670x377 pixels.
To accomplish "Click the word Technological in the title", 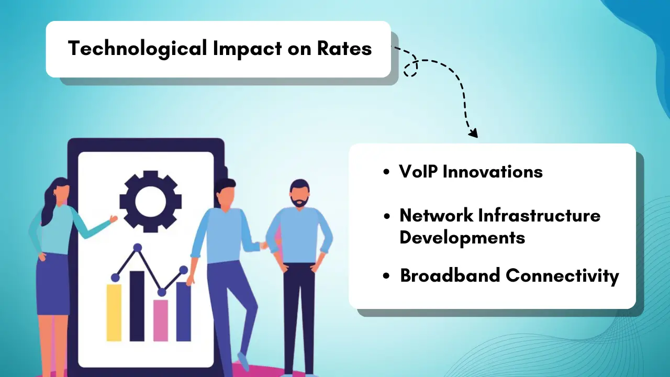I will [x=137, y=49].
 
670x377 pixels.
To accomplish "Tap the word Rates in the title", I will [x=344, y=49].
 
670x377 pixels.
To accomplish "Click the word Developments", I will [x=462, y=238].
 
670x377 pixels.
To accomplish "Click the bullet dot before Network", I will [x=387, y=216].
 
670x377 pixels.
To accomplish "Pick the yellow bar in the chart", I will [x=114, y=313].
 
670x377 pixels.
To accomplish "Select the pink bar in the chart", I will [x=161, y=320].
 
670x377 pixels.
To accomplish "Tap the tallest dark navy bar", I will [x=137, y=306].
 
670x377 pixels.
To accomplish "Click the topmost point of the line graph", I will [x=138, y=247].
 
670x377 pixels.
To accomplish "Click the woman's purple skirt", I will [x=52, y=285].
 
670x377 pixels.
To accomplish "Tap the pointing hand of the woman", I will [x=113, y=219].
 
